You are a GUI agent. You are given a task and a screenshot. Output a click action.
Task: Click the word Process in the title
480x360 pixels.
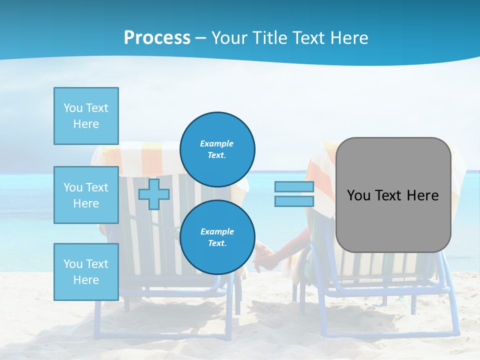tap(157, 38)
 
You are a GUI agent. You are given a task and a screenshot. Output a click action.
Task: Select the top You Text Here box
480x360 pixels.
tap(86, 116)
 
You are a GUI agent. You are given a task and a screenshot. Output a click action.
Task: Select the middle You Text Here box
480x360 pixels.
tap(86, 195)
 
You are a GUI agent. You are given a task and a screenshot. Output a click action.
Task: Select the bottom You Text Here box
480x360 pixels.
tap(86, 272)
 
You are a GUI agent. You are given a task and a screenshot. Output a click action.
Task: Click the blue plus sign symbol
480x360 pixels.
tap(153, 194)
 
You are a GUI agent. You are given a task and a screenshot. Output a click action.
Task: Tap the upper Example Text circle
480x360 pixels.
tap(217, 149)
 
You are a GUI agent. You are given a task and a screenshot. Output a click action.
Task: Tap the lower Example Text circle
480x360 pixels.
tap(217, 237)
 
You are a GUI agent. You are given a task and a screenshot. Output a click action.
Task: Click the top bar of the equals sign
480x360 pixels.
tap(294, 187)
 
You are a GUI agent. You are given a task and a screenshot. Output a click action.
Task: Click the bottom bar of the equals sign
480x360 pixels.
tap(294, 201)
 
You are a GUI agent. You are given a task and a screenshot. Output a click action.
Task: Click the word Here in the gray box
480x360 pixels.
tap(422, 195)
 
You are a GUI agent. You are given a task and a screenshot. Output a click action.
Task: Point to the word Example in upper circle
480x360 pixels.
tap(216, 143)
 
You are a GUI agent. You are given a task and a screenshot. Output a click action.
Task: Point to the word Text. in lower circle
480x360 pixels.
tap(217, 243)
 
